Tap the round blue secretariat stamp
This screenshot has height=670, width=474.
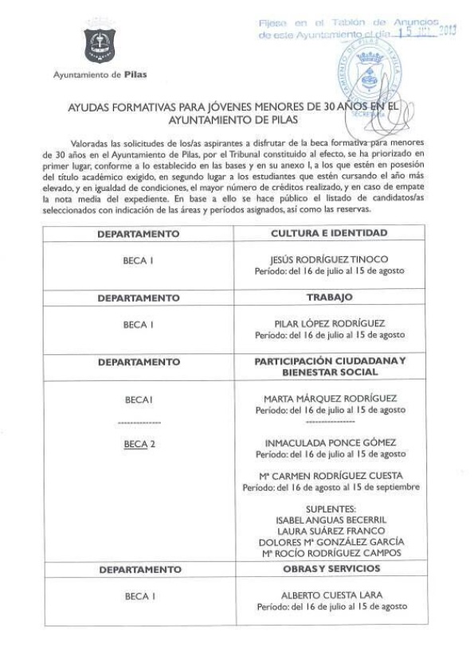point(366,80)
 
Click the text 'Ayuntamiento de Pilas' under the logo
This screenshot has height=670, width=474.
point(100,75)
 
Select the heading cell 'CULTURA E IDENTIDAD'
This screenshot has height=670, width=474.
point(329,233)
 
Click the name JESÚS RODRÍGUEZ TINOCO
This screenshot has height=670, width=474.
point(329,259)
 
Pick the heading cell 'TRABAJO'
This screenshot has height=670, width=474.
point(329,297)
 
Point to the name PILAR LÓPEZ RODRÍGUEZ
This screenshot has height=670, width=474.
point(329,323)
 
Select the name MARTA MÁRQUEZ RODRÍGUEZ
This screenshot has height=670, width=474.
point(329,398)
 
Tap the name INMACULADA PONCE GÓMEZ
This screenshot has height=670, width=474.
point(329,442)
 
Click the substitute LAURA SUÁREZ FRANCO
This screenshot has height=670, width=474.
point(329,531)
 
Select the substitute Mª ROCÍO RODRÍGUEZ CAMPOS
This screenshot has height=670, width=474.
point(329,553)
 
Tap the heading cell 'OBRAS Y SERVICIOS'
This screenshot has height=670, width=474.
point(329,570)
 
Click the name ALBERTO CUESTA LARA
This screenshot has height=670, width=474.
point(329,595)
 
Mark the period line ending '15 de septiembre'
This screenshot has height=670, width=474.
point(329,487)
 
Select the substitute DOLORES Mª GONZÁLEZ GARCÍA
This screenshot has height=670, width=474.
point(329,542)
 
